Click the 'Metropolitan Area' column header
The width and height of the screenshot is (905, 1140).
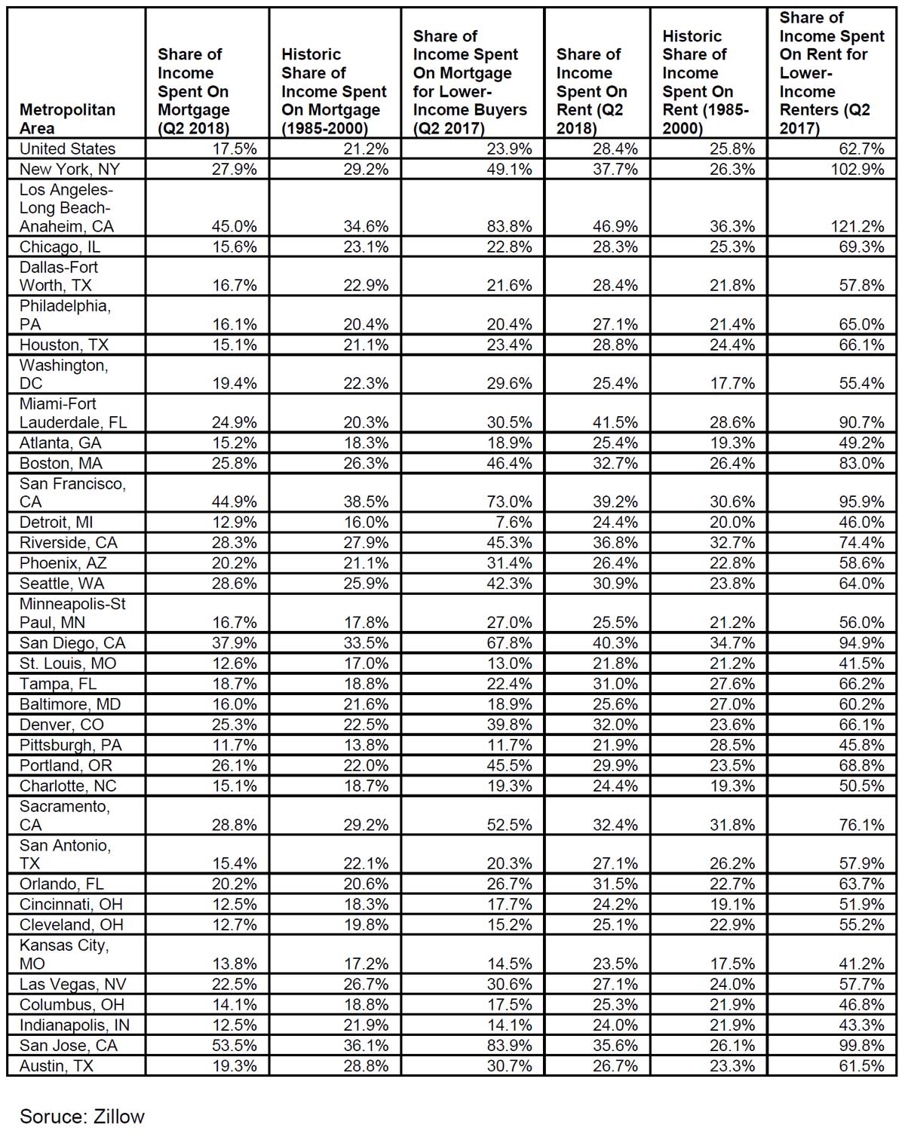(67, 118)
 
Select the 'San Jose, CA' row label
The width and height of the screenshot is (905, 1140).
(69, 1045)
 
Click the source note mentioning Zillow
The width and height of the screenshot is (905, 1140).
(82, 1116)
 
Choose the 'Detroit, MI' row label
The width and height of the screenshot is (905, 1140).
(57, 522)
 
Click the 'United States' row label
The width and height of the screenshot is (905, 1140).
(67, 149)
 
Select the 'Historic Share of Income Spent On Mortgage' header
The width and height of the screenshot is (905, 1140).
(333, 90)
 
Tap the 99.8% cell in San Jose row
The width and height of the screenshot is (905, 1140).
(861, 1045)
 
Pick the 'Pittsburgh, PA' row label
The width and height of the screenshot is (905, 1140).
(70, 745)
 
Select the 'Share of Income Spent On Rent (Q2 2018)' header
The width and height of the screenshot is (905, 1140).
(591, 90)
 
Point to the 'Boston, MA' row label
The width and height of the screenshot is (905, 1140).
(61, 463)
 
